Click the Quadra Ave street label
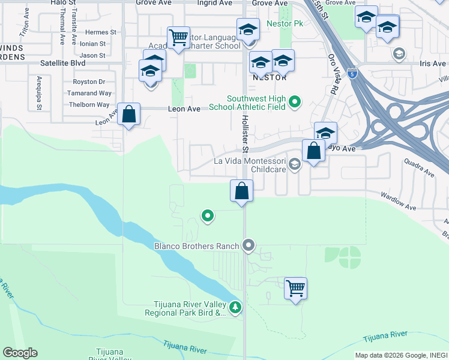coord(419,167)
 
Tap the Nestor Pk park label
coord(291,24)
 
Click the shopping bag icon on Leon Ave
coord(128,113)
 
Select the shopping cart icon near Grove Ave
coord(178,37)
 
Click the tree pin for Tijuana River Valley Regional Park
coord(236,308)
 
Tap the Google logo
coord(20,353)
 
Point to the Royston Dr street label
coord(88,82)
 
